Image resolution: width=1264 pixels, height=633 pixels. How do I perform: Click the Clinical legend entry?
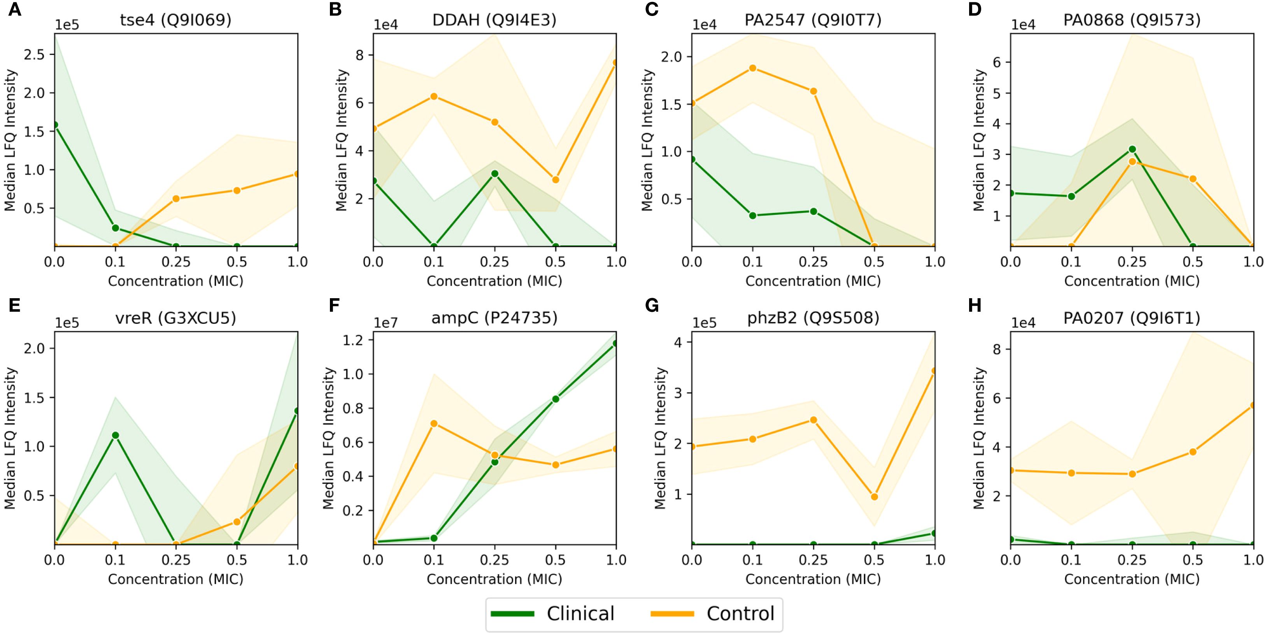(580, 614)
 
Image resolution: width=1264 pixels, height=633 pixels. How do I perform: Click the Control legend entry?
(740, 614)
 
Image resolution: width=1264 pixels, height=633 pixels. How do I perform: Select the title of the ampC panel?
(494, 318)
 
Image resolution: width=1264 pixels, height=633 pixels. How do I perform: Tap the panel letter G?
(652, 306)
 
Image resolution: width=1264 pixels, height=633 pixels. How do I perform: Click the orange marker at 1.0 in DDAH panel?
(615, 63)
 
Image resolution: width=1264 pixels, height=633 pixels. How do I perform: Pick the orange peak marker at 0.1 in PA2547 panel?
(752, 68)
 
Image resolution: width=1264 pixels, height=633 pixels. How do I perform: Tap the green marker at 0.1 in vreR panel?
(115, 436)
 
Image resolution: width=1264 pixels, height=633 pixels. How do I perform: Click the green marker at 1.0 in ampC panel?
(615, 344)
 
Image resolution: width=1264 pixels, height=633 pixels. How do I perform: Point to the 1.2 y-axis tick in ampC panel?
(353, 340)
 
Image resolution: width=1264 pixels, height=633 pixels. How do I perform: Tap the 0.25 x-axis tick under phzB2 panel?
(813, 560)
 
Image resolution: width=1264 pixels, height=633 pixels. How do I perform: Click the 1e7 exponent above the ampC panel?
(386, 323)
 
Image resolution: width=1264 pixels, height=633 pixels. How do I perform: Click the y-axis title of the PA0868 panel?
(979, 140)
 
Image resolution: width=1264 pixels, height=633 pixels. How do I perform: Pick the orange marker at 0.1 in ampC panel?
(434, 423)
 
